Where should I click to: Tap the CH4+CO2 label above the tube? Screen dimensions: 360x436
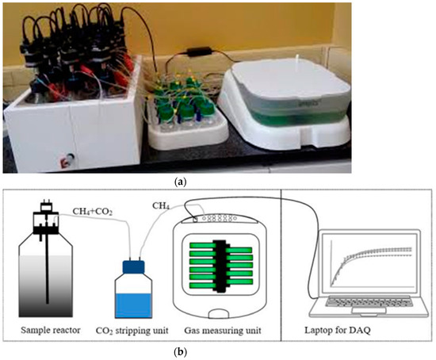coord(93,210)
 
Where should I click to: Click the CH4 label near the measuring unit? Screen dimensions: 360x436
coord(162,206)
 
